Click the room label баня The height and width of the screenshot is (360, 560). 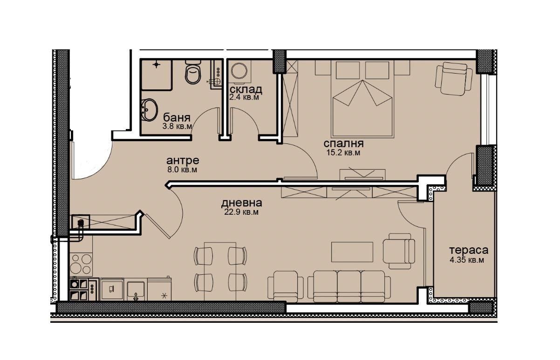point(177,117)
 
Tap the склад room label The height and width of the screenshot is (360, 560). point(246,89)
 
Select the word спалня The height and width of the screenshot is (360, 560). point(343,143)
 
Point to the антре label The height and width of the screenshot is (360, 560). point(183,160)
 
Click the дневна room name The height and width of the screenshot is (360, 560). point(241,203)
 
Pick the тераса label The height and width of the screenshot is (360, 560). point(469,250)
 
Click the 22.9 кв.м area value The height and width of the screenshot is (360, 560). point(241,212)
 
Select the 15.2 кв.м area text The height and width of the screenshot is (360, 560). point(343,152)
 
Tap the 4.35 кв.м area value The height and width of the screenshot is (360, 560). point(467,260)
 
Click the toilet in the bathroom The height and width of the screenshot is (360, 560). point(193,72)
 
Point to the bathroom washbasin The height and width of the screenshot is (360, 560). point(149,110)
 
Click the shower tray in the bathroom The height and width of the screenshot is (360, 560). point(157,75)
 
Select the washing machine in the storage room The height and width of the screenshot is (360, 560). point(239,71)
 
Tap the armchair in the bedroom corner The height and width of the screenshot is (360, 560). point(453,78)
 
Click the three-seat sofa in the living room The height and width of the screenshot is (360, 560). point(349,286)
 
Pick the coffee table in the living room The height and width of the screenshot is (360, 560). point(352,252)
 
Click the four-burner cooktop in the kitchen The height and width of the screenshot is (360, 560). point(81,264)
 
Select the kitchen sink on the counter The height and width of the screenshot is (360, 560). point(136,290)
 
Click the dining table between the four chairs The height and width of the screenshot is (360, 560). point(220,272)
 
